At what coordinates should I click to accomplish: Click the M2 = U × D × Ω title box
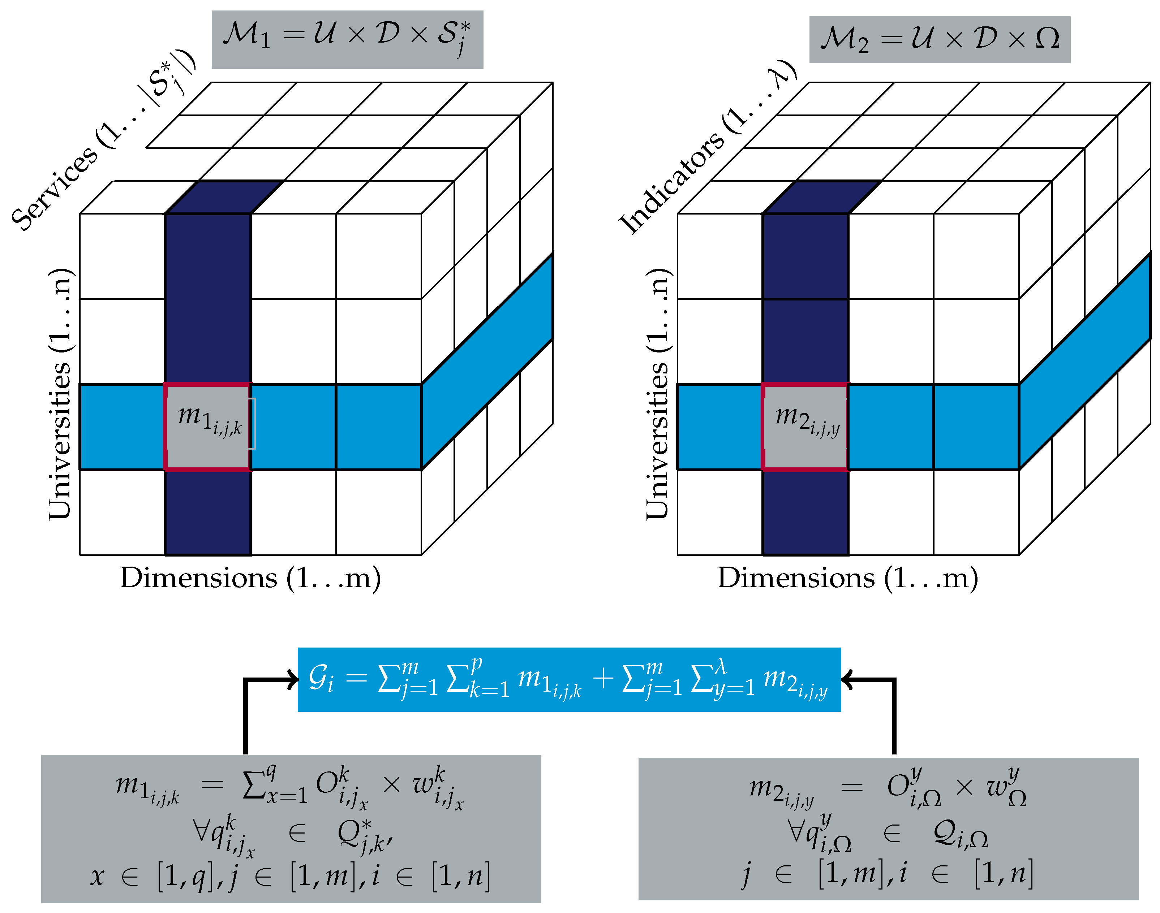click(x=939, y=40)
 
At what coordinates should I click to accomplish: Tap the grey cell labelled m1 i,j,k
click(x=207, y=426)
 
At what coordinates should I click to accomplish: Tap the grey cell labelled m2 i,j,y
click(x=805, y=426)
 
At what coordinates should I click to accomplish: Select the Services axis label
click(x=102, y=142)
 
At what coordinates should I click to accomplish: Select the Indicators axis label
click(x=706, y=147)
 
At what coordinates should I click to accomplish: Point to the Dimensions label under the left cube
click(x=250, y=578)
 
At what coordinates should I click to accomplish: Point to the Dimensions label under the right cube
click(x=848, y=578)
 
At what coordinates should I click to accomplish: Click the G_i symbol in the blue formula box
click(x=321, y=679)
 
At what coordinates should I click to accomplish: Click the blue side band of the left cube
click(x=487, y=361)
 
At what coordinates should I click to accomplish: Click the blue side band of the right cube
click(x=1084, y=361)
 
